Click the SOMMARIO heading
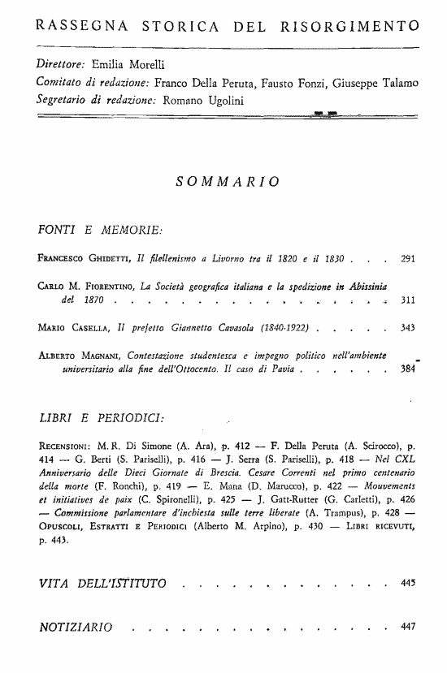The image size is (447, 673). (x=228, y=180)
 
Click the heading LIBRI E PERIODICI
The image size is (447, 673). (x=101, y=418)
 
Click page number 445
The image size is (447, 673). (x=408, y=583)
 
